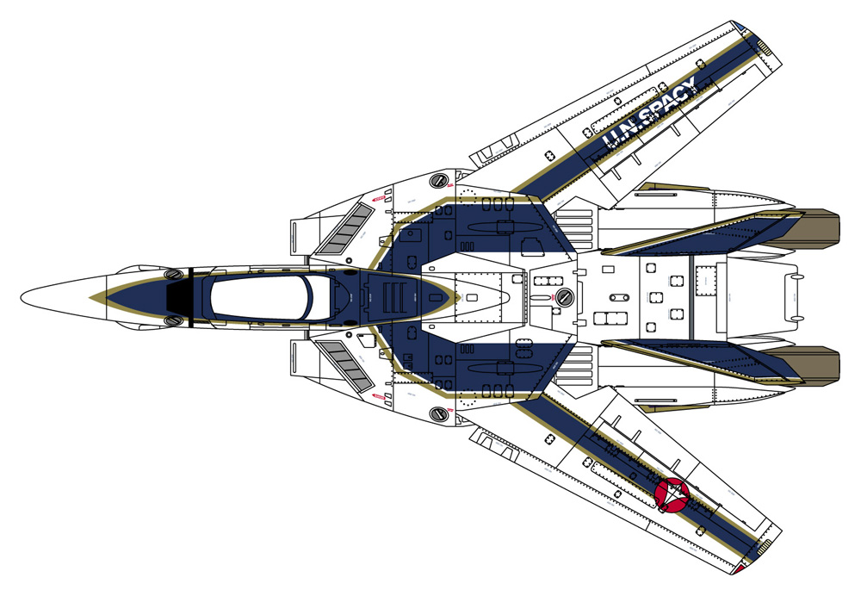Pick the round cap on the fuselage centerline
564,298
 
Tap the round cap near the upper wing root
439,180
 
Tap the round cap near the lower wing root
439,414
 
